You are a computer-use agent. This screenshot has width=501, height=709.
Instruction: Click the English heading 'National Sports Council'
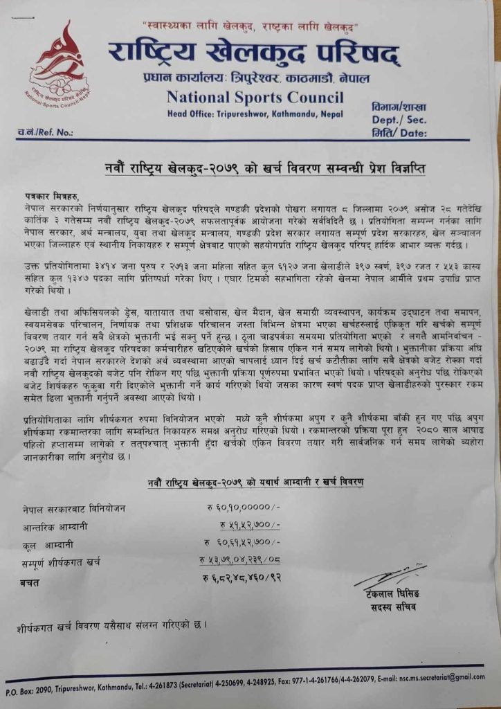[255, 96]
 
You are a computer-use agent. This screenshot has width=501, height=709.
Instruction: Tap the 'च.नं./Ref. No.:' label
[45, 131]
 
